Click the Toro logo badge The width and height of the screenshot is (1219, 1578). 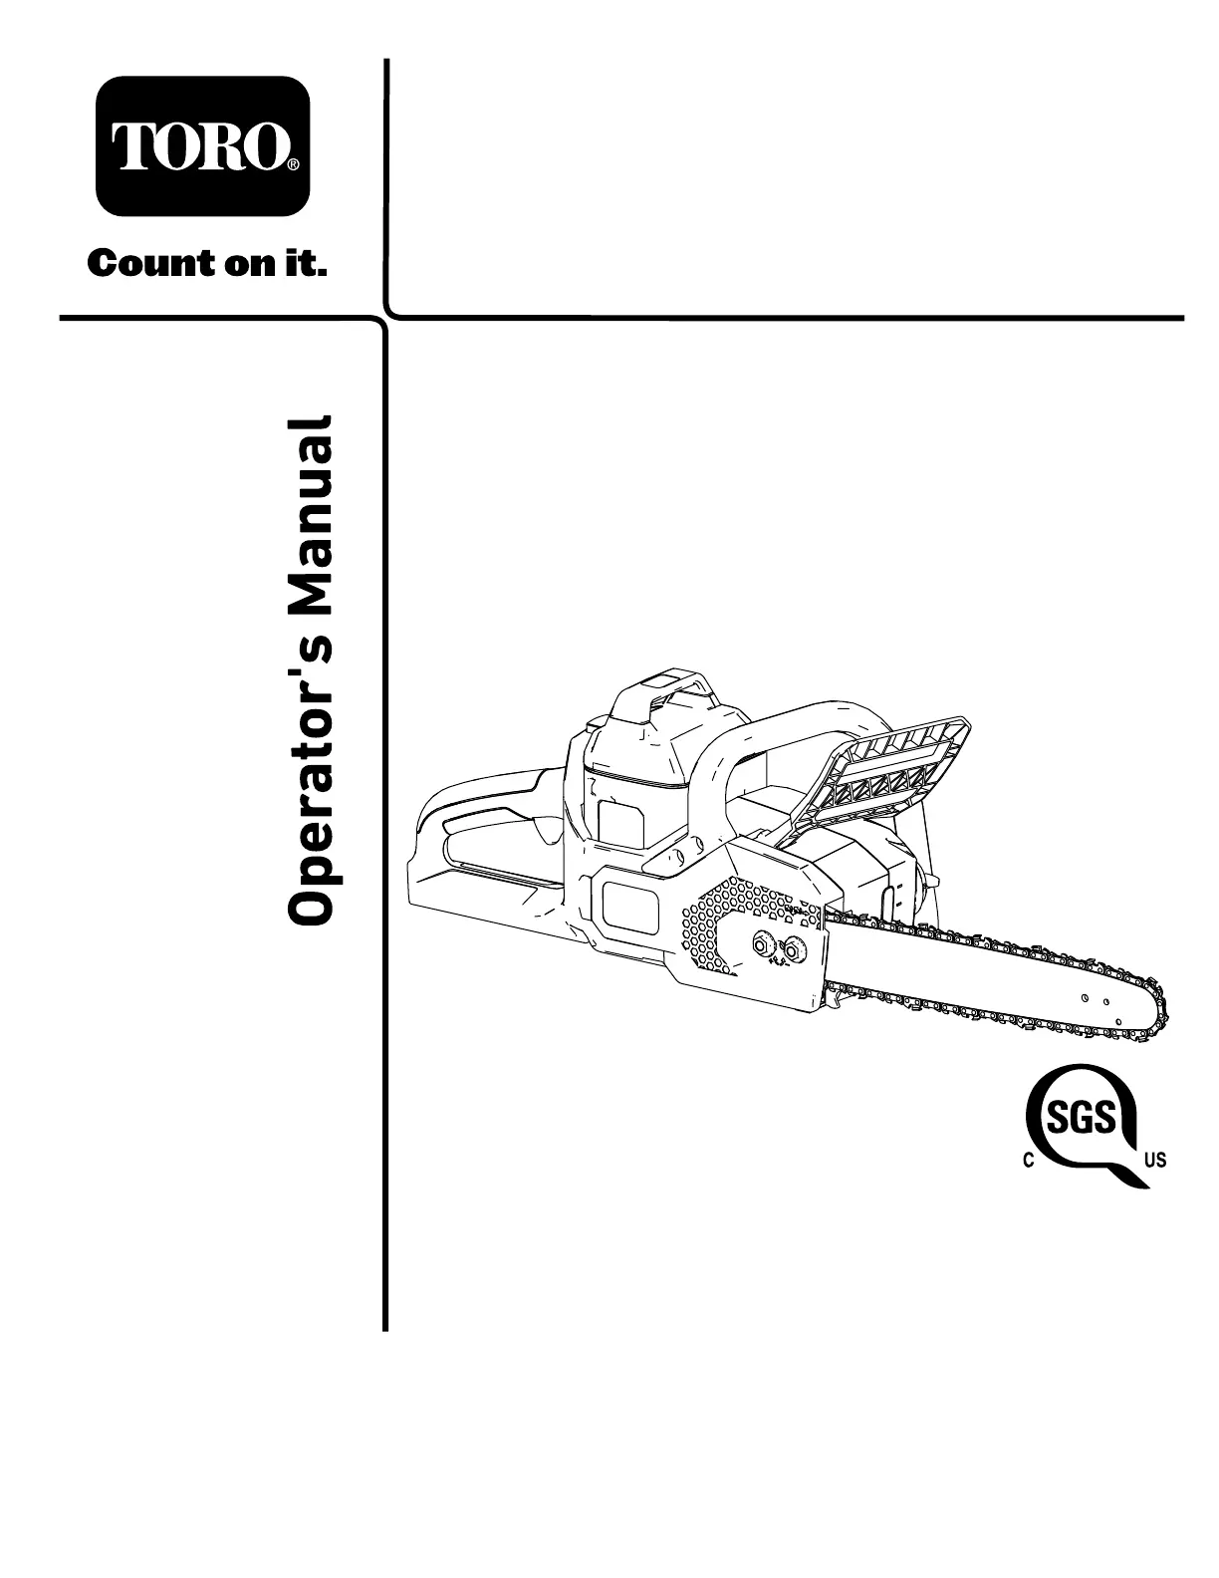(x=202, y=146)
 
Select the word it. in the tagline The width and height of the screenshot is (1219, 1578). (x=309, y=265)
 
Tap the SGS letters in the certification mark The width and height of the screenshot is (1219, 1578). (x=1082, y=1121)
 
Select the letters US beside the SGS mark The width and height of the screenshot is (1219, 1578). (x=1155, y=1160)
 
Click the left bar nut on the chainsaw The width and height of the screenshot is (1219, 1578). (x=764, y=943)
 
